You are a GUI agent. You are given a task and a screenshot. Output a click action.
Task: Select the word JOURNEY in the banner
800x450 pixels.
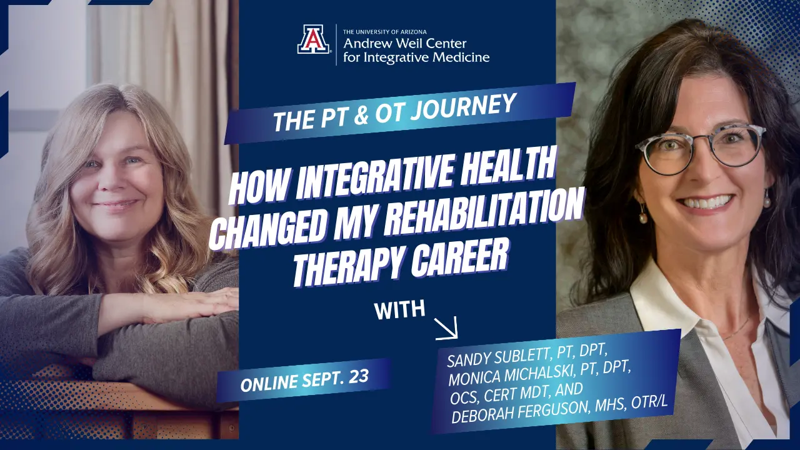pos(464,108)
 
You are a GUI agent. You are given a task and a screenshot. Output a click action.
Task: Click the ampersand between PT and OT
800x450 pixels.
pos(361,117)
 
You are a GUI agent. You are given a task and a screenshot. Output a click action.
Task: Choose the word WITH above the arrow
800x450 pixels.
pos(399,309)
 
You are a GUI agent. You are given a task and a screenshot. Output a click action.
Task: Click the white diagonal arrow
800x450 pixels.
pos(446,328)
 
